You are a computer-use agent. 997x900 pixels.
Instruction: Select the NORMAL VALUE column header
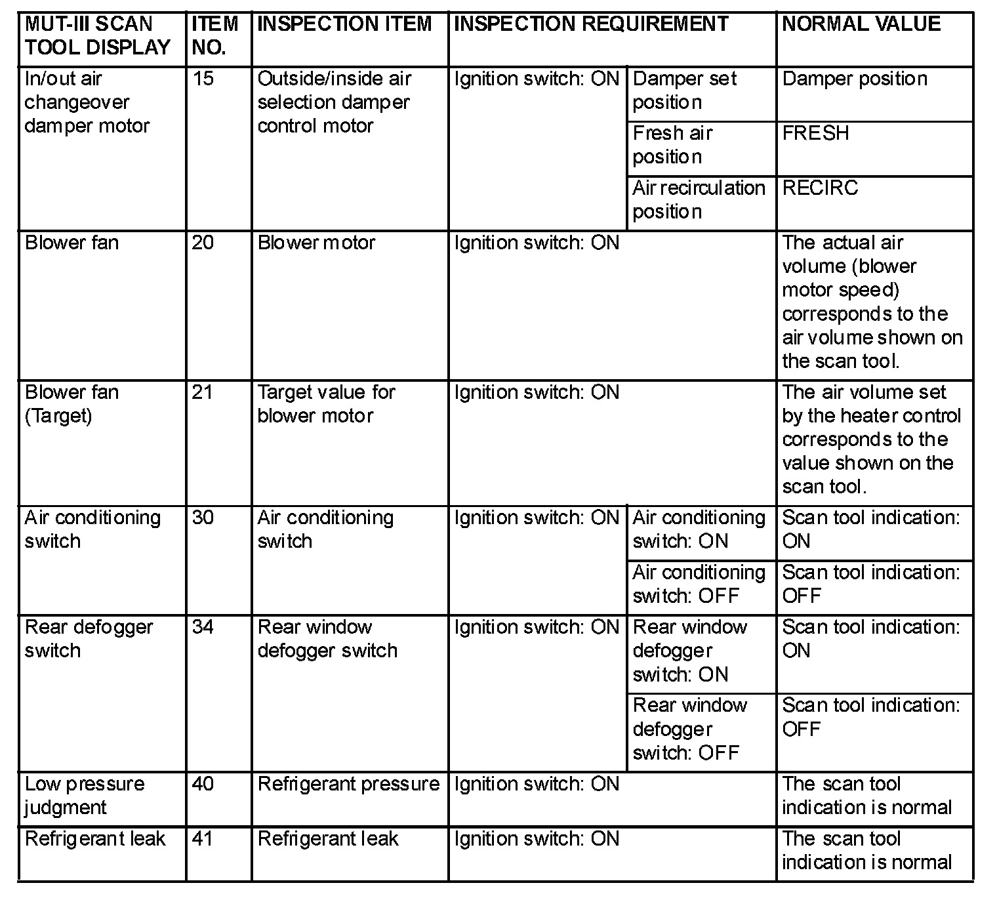pos(861,24)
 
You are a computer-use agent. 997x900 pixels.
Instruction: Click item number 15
pos(203,79)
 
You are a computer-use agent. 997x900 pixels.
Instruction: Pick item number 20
pos(203,243)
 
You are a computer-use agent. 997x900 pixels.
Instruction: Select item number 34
pos(203,627)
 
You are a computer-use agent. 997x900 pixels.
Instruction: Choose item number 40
pos(203,784)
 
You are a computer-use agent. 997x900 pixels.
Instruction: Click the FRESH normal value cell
pos(815,133)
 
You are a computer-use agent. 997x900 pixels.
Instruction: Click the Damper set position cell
pos(684,91)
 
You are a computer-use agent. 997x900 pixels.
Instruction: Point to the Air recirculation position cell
pos(699,200)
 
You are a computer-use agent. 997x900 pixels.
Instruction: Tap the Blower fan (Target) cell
pos(71,404)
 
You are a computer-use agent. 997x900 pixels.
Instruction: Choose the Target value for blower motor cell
pos(326,404)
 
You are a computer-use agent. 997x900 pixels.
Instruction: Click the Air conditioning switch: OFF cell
pos(699,584)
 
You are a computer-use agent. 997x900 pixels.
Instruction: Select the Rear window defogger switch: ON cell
pos(689,651)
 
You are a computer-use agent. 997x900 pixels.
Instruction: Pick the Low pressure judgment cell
pos(85,796)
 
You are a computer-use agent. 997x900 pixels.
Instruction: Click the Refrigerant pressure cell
pos(348,784)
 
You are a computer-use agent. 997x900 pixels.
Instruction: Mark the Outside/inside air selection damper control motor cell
pos(334,102)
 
